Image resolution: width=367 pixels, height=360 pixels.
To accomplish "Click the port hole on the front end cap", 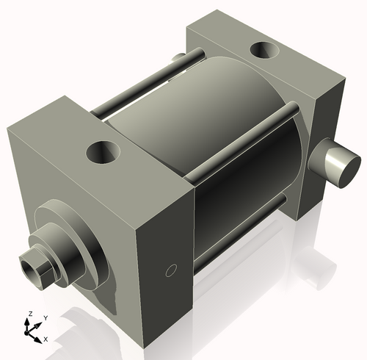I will tap(103, 153).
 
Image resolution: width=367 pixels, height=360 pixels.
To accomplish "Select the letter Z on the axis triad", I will tap(29, 314).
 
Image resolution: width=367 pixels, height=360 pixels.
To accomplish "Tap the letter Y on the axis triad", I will tap(45, 317).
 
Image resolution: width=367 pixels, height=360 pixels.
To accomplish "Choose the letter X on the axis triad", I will tap(46, 339).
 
